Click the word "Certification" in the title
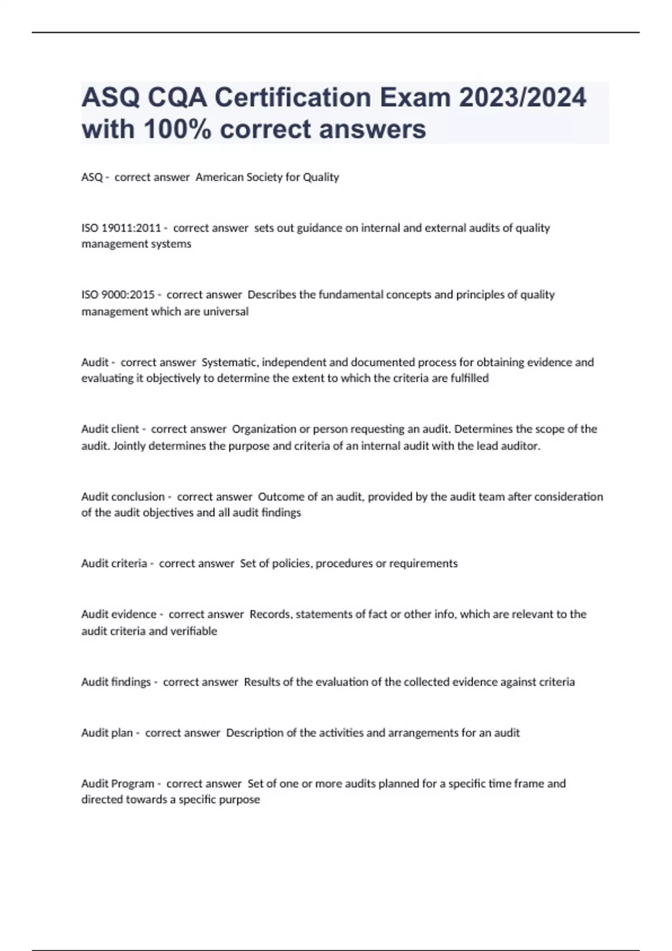(x=293, y=98)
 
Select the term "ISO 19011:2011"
(x=121, y=228)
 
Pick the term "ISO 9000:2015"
(x=118, y=295)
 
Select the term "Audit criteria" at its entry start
(x=114, y=563)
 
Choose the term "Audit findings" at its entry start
(x=116, y=682)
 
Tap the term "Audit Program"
(x=118, y=784)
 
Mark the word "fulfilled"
(x=469, y=378)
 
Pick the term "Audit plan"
(x=107, y=733)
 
